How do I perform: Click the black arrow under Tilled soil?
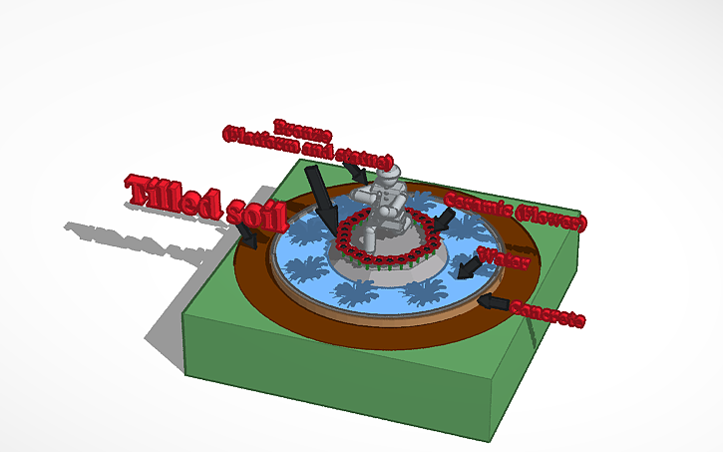[246, 235]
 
